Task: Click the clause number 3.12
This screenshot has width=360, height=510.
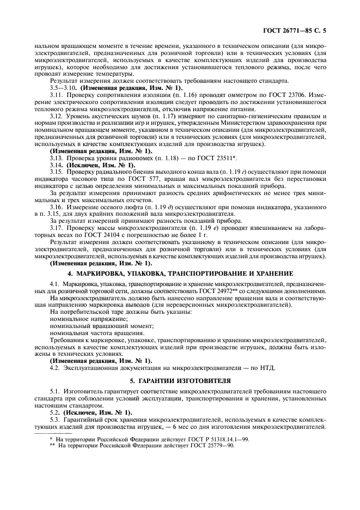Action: (x=56, y=116)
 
